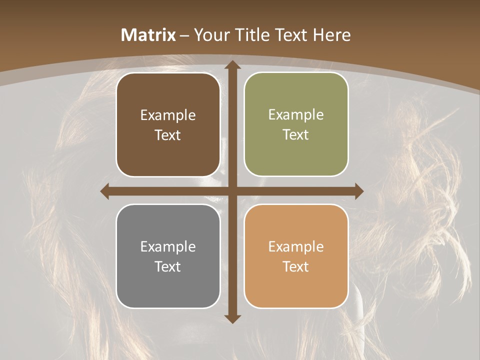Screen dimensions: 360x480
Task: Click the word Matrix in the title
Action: (148, 35)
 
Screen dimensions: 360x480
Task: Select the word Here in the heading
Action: (332, 35)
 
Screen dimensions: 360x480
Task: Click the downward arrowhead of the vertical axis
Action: (232, 318)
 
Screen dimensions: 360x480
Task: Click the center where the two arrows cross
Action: (232, 191)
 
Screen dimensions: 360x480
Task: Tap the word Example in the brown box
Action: (168, 115)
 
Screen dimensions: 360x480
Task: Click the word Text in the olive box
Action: (296, 135)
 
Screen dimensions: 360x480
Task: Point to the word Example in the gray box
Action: (168, 247)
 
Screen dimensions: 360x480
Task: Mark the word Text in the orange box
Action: (296, 266)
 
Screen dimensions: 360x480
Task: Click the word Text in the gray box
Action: (168, 266)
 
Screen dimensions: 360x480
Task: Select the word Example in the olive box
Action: (296, 115)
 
